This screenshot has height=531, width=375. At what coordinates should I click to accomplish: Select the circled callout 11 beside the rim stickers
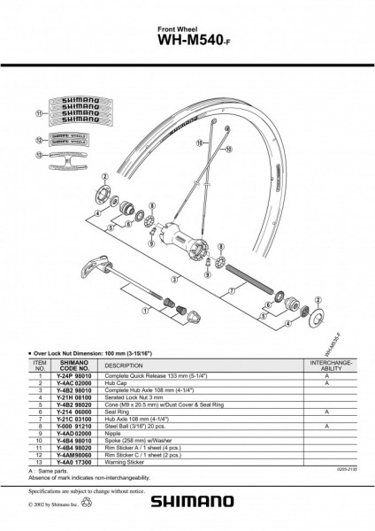(x=38, y=114)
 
